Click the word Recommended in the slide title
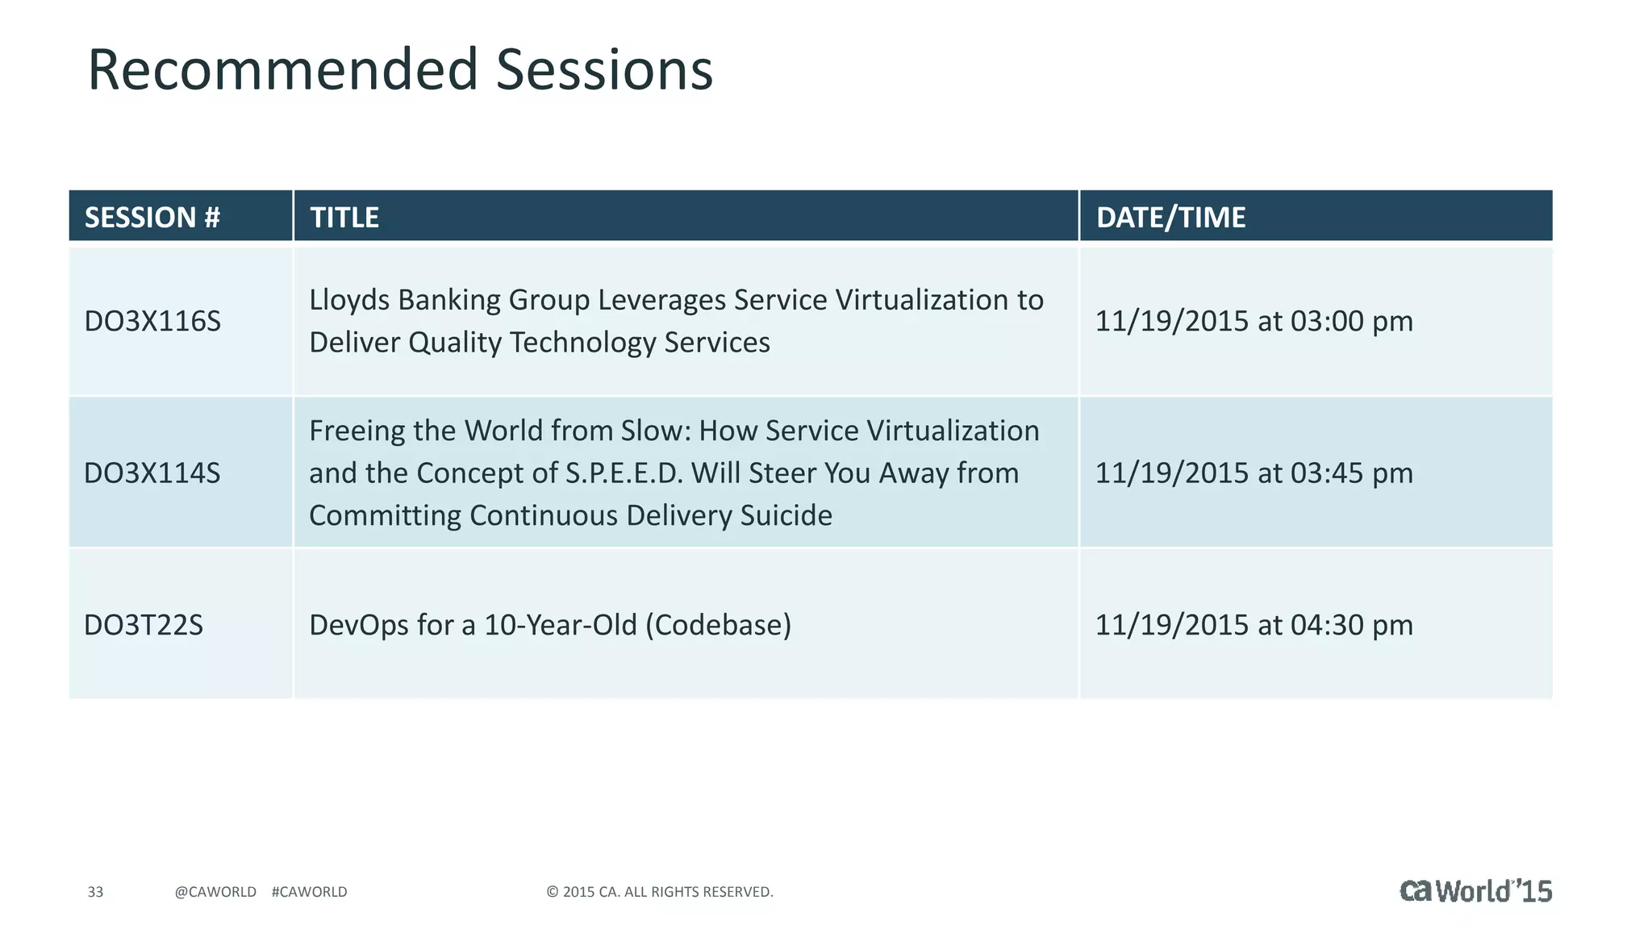pos(283,70)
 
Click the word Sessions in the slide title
pos(604,70)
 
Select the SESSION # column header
pos(152,217)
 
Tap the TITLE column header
pos(344,217)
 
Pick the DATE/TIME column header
pos(1170,217)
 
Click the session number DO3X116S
pos(152,321)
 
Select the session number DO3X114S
pos(152,473)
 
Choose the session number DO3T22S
pos(144,625)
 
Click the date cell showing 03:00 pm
pos(1254,321)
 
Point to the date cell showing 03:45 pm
pos(1254,473)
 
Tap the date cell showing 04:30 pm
pos(1254,625)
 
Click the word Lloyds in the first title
pos(349,300)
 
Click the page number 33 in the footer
pos(95,892)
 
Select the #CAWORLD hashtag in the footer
pos(309,892)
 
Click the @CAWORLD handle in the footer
pos(215,892)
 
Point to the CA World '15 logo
pos(1475,890)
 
